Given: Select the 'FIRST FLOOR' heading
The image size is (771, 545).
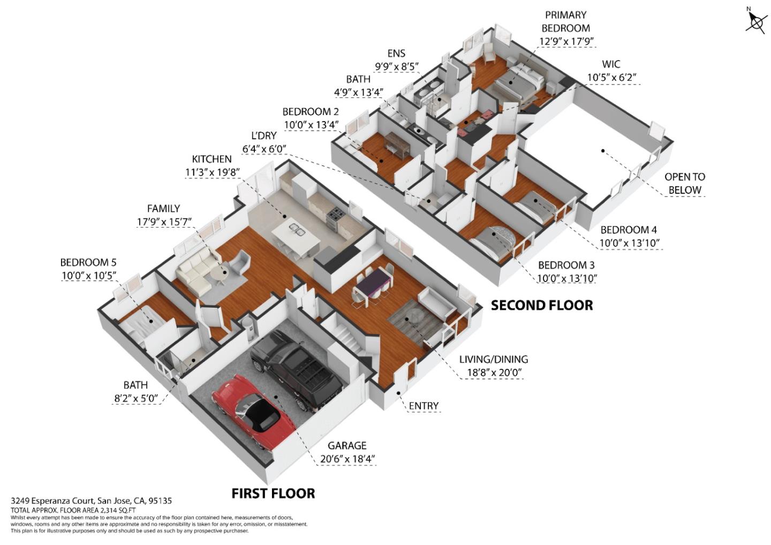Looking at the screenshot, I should coord(273,493).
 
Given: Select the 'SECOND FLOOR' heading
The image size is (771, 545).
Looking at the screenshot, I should coord(542,305).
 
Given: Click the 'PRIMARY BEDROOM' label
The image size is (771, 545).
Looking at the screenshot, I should coord(565,21).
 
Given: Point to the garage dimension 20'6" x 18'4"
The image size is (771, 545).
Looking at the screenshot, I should coord(347,459).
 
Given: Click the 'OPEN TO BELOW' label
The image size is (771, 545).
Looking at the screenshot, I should coord(684,183).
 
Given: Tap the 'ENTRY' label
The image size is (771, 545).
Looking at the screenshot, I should coord(424,406).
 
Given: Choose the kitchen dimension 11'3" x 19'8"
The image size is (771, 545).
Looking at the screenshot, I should coord(212,172).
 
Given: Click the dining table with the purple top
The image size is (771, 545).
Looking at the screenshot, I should coord(372,284).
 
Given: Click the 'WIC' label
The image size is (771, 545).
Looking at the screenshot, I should coord(611,64).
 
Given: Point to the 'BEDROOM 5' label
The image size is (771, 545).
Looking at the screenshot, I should coord(88,262).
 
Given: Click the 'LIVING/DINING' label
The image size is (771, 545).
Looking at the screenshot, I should coord(493,359).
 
